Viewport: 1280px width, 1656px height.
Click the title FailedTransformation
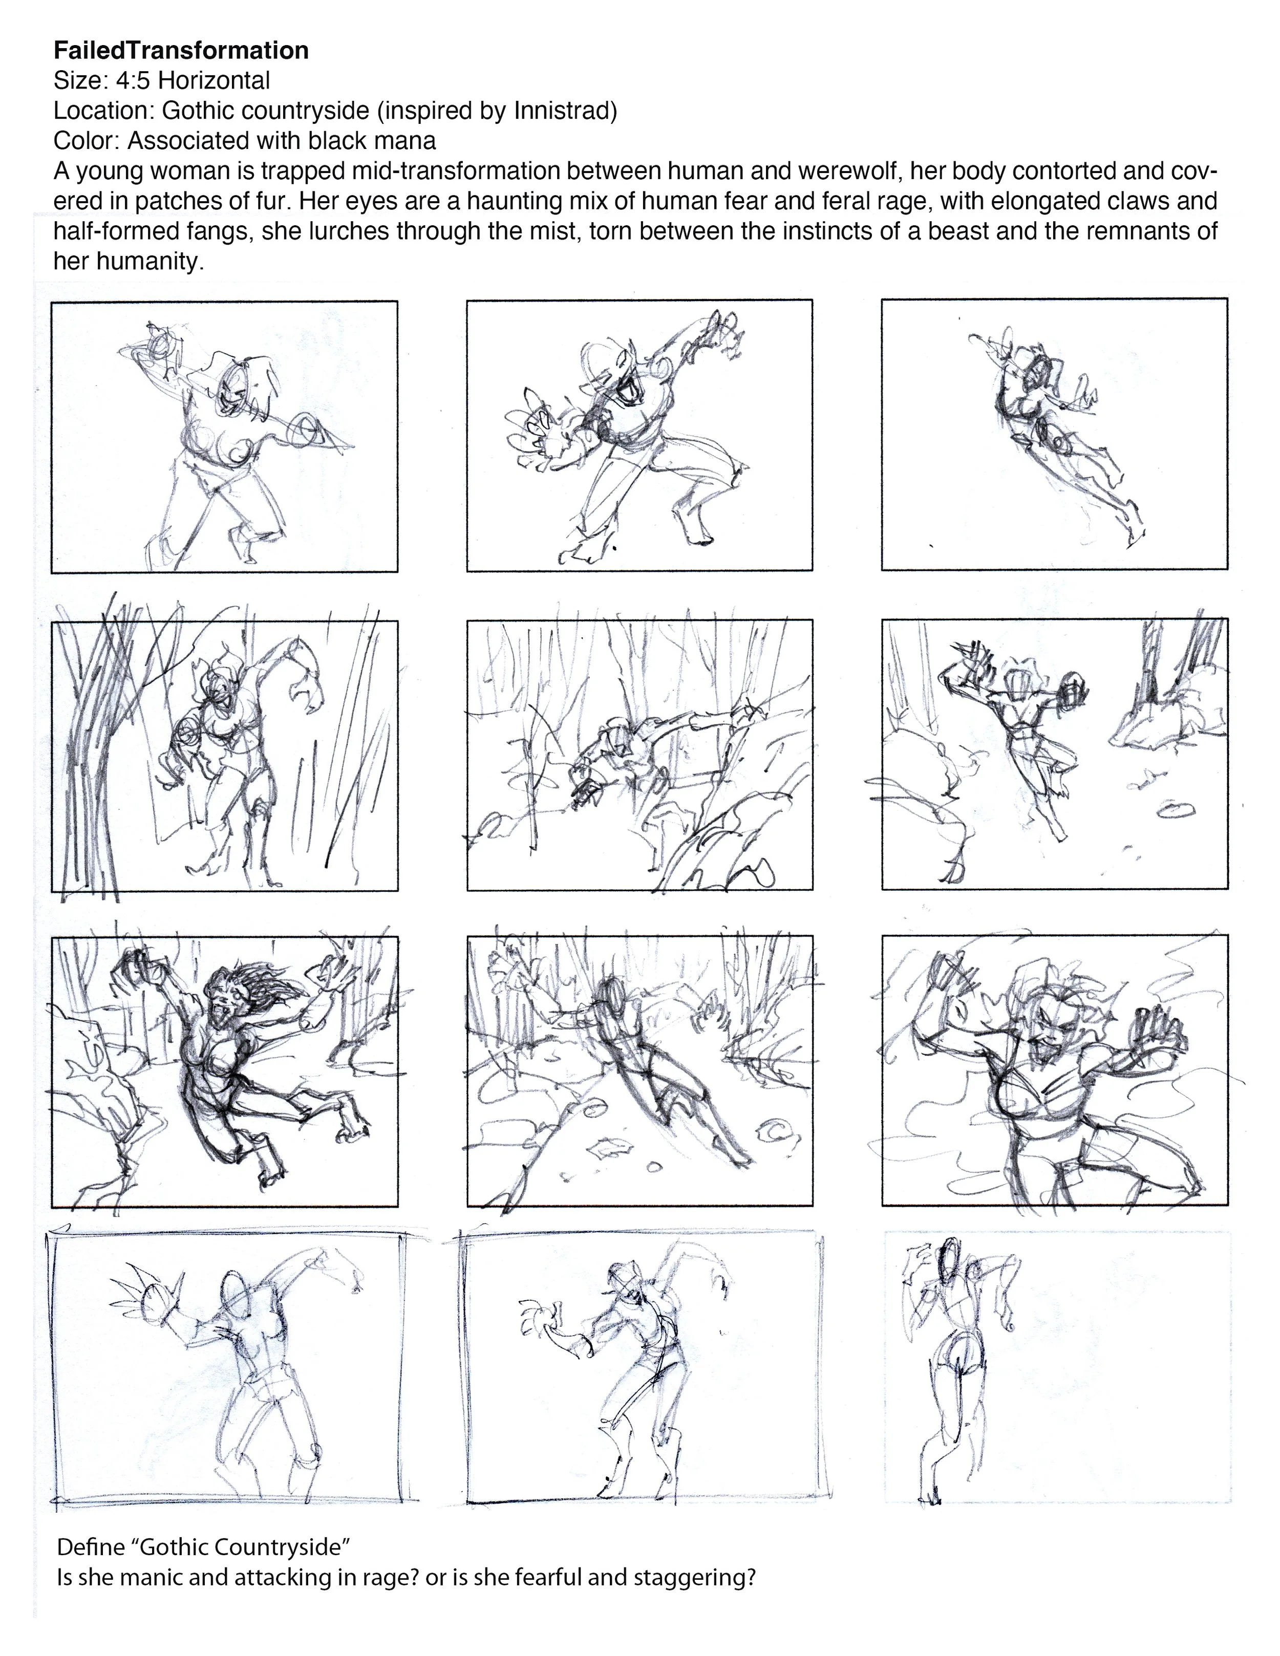(181, 51)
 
